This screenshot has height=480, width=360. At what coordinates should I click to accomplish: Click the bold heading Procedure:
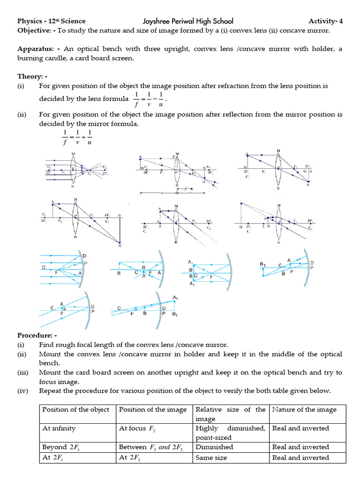[37, 336]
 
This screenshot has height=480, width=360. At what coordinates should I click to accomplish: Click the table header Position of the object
[75, 410]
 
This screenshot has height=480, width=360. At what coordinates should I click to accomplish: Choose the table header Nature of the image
[304, 410]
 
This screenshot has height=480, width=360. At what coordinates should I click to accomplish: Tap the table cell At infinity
[59, 428]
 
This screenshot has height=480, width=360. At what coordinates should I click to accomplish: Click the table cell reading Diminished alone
[214, 447]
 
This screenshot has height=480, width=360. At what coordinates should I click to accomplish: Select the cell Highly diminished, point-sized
[230, 433]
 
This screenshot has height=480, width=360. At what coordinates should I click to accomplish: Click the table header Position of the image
[153, 410]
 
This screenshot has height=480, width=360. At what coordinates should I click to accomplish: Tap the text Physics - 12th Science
[52, 21]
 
